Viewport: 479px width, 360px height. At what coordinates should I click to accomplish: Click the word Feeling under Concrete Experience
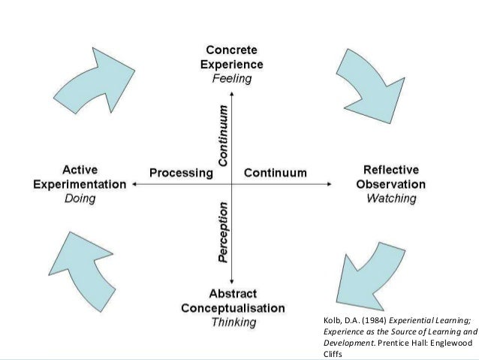point(232,78)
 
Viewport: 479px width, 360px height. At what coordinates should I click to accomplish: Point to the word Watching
point(390,198)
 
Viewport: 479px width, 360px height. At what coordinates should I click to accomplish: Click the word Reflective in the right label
point(390,169)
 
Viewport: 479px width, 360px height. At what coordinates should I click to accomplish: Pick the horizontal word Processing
point(181,173)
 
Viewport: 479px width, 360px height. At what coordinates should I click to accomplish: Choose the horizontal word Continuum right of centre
point(276,173)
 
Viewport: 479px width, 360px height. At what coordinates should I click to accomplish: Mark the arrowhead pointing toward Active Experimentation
point(134,183)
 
